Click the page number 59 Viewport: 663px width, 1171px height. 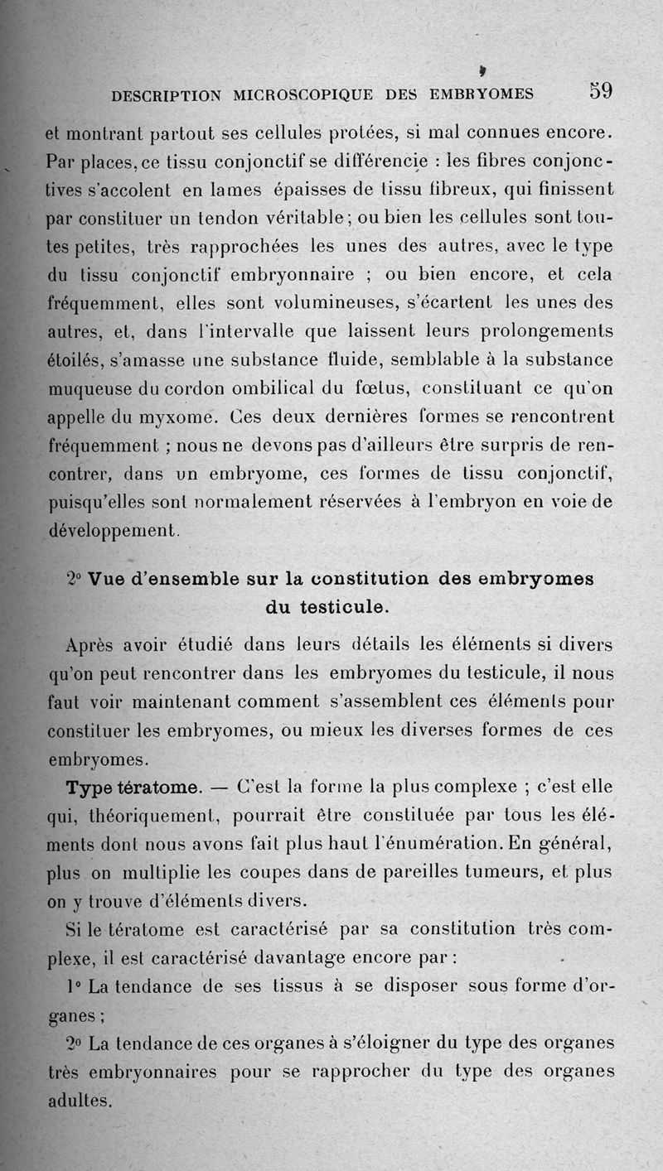[x=600, y=90]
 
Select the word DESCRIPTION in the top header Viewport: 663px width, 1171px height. [x=166, y=95]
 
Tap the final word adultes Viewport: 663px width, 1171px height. [x=78, y=1101]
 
